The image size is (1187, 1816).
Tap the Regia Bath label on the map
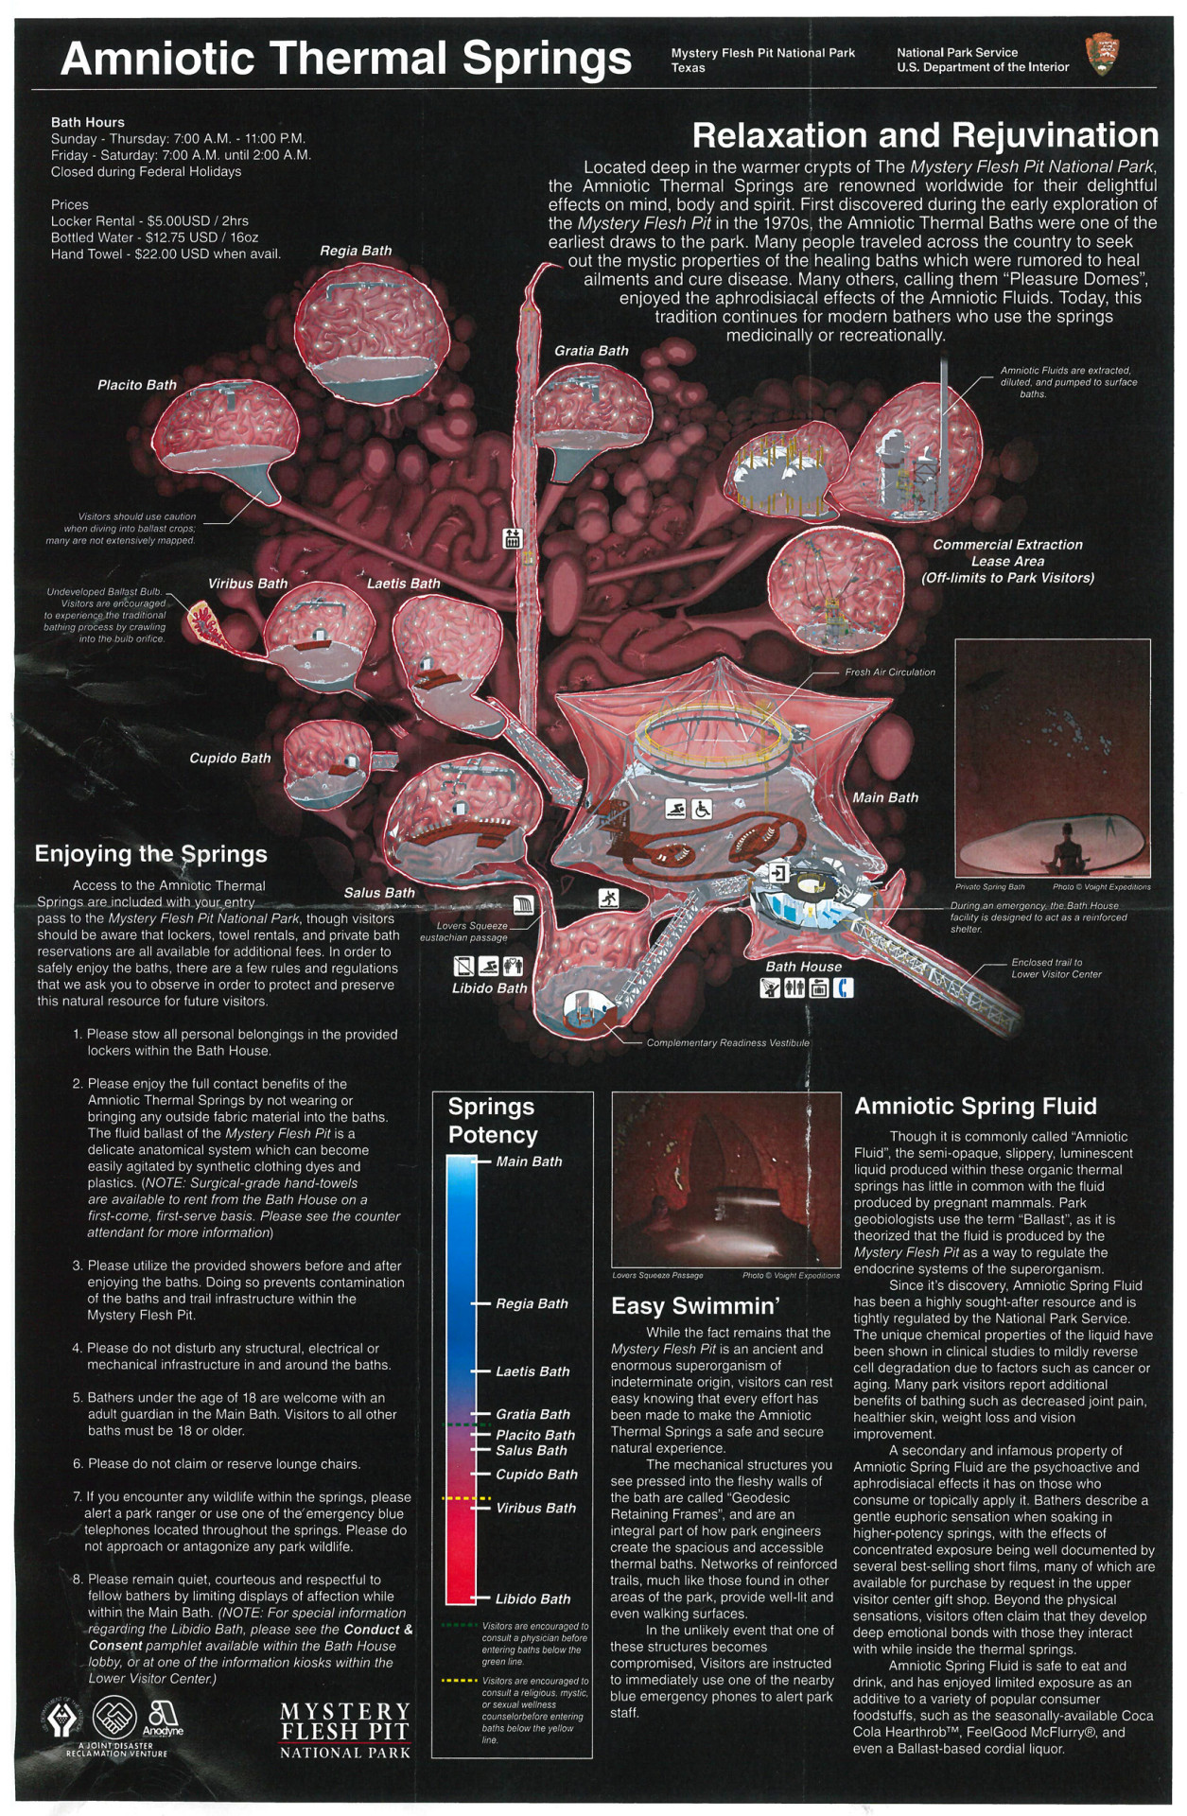355,251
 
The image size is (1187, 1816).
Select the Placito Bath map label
137,385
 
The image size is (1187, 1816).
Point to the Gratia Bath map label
591,351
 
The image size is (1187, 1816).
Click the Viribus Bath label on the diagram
247,584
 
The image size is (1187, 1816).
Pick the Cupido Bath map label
230,758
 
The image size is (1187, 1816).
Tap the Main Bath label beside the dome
885,797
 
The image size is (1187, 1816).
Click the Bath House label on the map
803,967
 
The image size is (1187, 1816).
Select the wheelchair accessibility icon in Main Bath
703,809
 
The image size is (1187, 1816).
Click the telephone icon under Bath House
842,987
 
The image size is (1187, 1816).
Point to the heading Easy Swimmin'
695,1306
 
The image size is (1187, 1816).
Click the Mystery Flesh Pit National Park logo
345,1731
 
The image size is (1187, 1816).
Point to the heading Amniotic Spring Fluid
975,1107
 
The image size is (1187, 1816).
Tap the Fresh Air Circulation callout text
889,672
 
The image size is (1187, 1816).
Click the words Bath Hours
88,122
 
